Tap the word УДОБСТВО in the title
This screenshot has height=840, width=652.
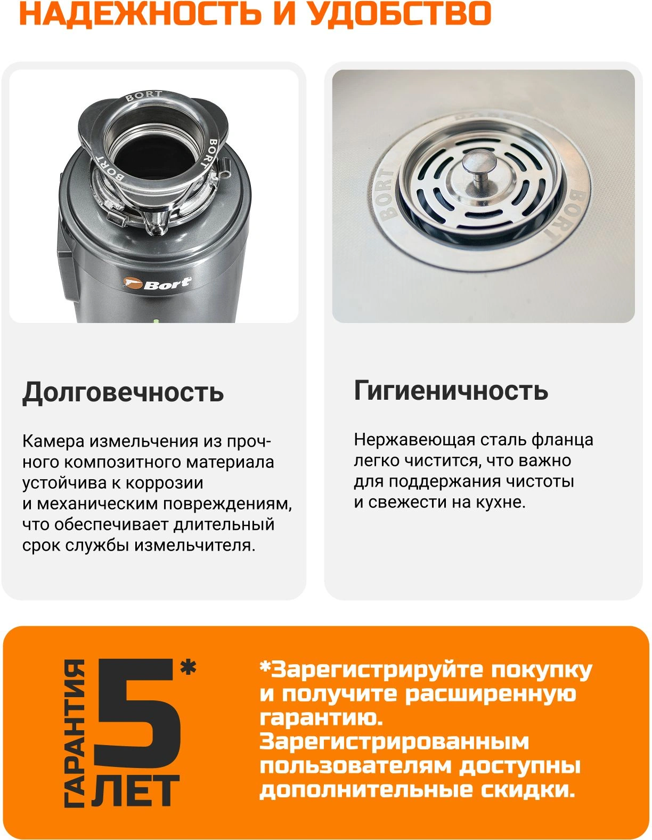[400, 13]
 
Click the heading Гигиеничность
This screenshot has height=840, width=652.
[451, 391]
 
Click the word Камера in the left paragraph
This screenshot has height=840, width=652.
[53, 441]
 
